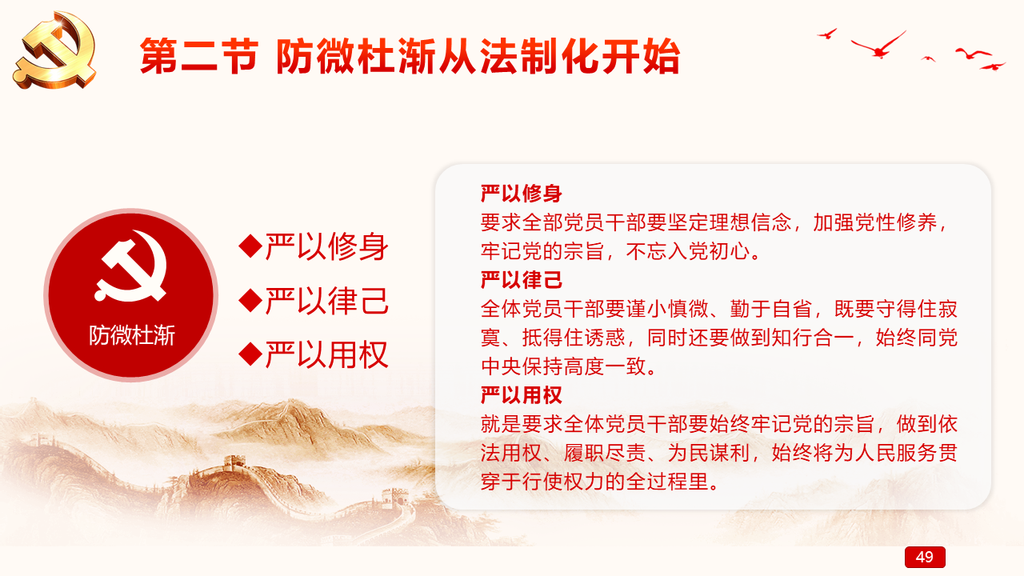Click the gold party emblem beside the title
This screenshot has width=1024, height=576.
(55, 50)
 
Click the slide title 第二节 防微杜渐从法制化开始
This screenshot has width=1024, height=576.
(410, 56)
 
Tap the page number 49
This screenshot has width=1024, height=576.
(924, 557)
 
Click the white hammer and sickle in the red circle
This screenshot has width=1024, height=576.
(131, 266)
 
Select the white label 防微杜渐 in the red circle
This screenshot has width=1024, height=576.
(132, 335)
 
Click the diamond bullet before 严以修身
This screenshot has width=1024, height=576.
(250, 246)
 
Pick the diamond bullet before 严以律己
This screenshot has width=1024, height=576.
(250, 300)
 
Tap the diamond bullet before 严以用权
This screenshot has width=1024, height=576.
(250, 354)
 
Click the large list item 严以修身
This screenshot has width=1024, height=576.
(327, 246)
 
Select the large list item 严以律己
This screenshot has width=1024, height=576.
(327, 300)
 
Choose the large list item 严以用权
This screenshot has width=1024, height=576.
(327, 354)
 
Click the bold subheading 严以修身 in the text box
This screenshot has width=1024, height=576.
(521, 194)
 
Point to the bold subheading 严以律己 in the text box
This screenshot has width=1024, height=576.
(521, 280)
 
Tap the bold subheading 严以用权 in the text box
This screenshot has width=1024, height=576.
(521, 395)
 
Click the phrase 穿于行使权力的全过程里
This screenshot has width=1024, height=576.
(595, 482)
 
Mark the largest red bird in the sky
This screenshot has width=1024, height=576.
(878, 45)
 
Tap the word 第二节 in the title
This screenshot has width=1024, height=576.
(199, 56)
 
